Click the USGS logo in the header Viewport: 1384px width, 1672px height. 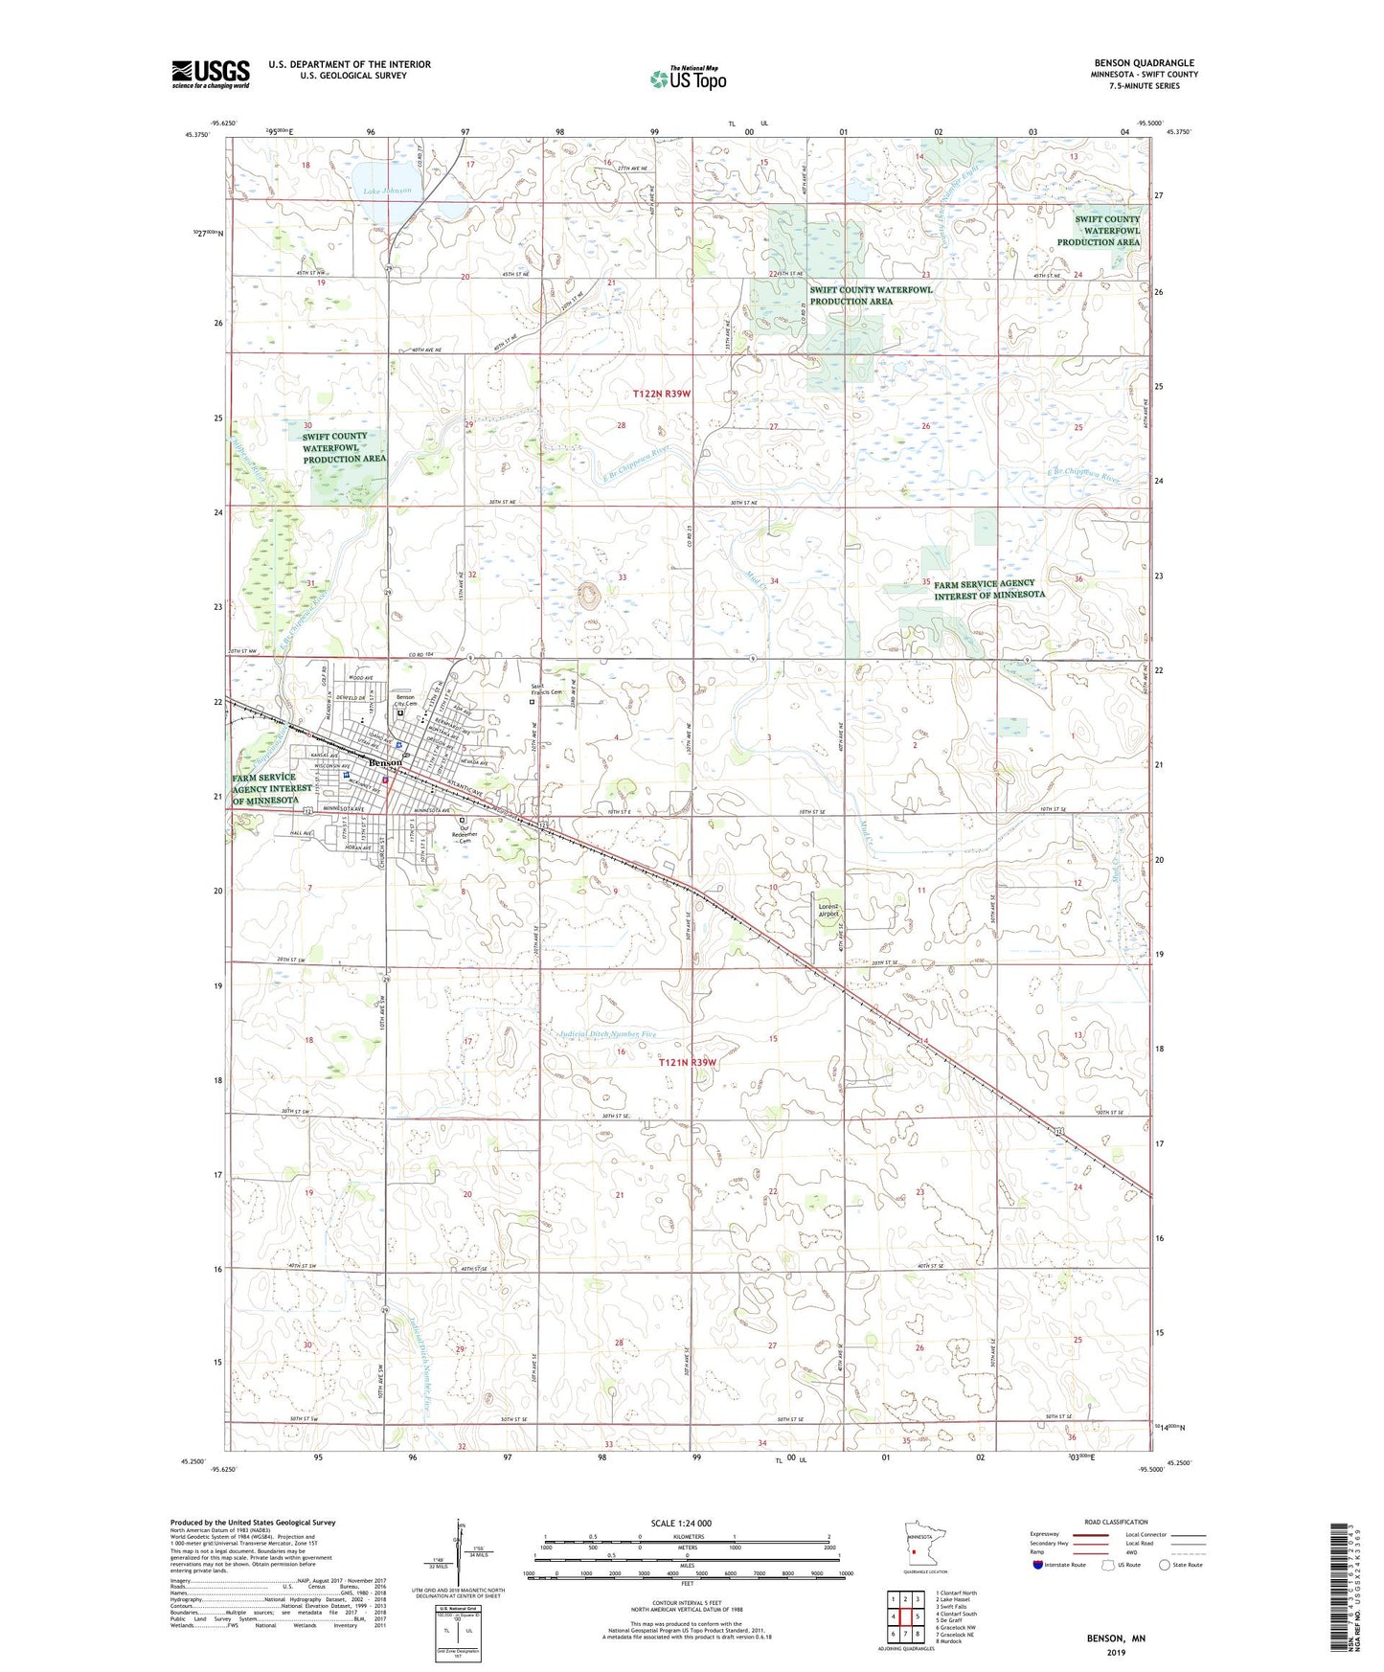(x=210, y=74)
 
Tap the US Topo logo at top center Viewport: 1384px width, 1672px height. (x=687, y=79)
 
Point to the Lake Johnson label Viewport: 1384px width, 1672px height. (x=388, y=191)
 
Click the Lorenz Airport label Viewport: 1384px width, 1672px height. (x=828, y=910)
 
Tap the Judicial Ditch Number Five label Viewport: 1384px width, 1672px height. (x=607, y=1035)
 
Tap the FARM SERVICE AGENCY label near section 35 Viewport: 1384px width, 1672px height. (x=989, y=589)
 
